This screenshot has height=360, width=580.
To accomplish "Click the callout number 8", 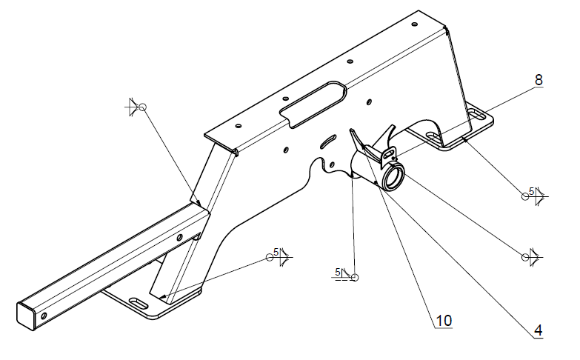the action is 539,79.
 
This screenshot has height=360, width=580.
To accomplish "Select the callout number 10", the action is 444,321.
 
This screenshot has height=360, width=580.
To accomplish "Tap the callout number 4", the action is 539,330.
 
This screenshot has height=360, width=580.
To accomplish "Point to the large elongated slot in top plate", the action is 313,104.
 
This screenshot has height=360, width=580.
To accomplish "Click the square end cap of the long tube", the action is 27,316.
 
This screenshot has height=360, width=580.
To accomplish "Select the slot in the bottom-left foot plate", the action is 139,304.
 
